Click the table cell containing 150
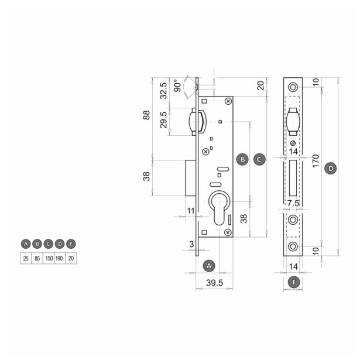pos(49,258)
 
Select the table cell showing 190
pos(60,258)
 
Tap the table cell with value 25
pos(26,258)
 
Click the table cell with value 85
pos(37,258)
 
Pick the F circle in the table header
pos(71,244)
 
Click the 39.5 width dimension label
pos(214,283)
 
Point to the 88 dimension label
pos(146,115)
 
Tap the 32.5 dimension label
pos(163,91)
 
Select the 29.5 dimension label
pos(163,120)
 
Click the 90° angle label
pos(177,85)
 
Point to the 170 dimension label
pos(316,161)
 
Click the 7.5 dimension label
pos(293,203)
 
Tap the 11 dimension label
pos(191,211)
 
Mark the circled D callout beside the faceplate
pos(331,169)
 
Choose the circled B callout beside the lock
pos(243,159)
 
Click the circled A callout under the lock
pos(209,266)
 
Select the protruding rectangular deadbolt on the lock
pos(191,178)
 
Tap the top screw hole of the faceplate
pos(293,87)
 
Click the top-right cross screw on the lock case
pos(228,101)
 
